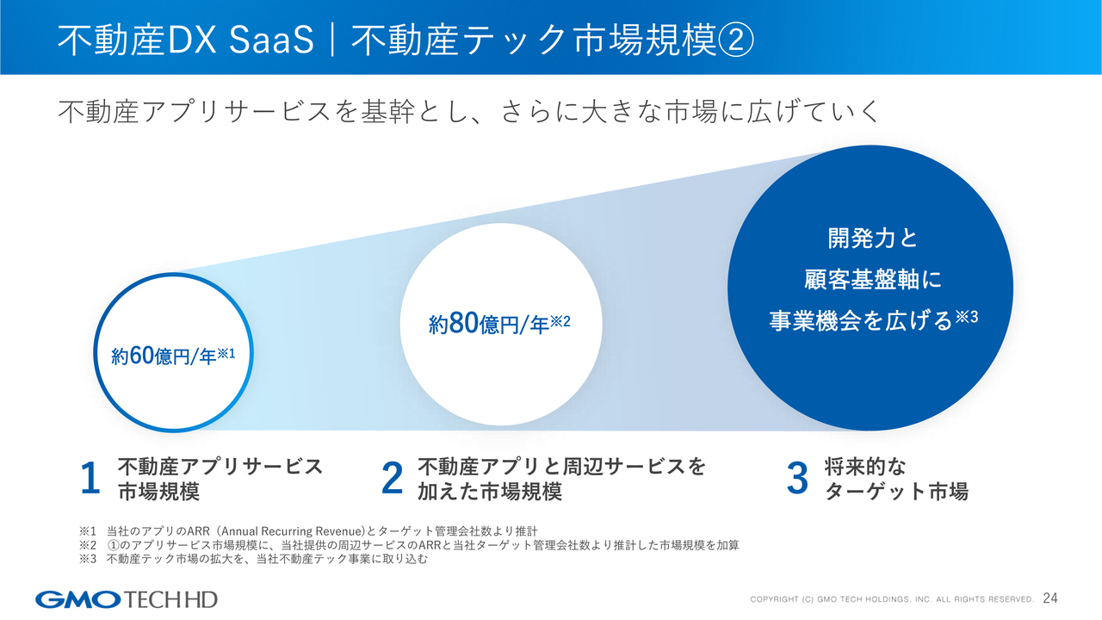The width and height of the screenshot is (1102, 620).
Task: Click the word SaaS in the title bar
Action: pos(271,40)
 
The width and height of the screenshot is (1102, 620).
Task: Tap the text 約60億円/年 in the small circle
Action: pos(164,356)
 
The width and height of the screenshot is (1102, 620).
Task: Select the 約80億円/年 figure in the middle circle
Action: pos(488,324)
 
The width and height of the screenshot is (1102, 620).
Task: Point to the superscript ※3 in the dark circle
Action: pos(967,317)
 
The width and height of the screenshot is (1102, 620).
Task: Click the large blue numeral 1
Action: pos(90,478)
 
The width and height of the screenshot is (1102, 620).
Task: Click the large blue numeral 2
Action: pos(392,478)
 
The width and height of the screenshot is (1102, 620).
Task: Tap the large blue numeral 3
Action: pos(797,478)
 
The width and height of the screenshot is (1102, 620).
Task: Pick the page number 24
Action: pos(1050,598)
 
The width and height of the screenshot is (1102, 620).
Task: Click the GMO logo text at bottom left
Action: pos(77,600)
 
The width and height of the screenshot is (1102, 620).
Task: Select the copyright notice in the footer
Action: pos(892,599)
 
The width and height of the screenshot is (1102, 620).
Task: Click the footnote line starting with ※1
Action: pos(308,531)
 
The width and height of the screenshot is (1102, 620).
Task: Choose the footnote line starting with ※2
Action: pos(409,545)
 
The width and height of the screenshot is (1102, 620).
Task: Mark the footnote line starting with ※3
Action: pos(253,559)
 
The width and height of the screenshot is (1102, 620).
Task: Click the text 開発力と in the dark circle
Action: pos(873,239)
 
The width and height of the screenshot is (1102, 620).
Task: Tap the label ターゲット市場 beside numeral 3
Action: pos(896,491)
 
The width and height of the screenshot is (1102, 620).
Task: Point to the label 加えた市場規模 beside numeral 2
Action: pos(490,491)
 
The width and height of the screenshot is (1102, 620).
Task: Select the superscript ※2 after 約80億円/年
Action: pos(560,322)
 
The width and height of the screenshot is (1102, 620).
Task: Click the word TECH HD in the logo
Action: pos(170,600)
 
